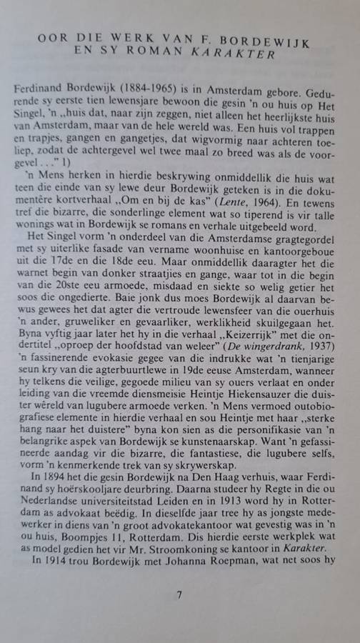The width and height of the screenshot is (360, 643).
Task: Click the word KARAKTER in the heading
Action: [x=240, y=56]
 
